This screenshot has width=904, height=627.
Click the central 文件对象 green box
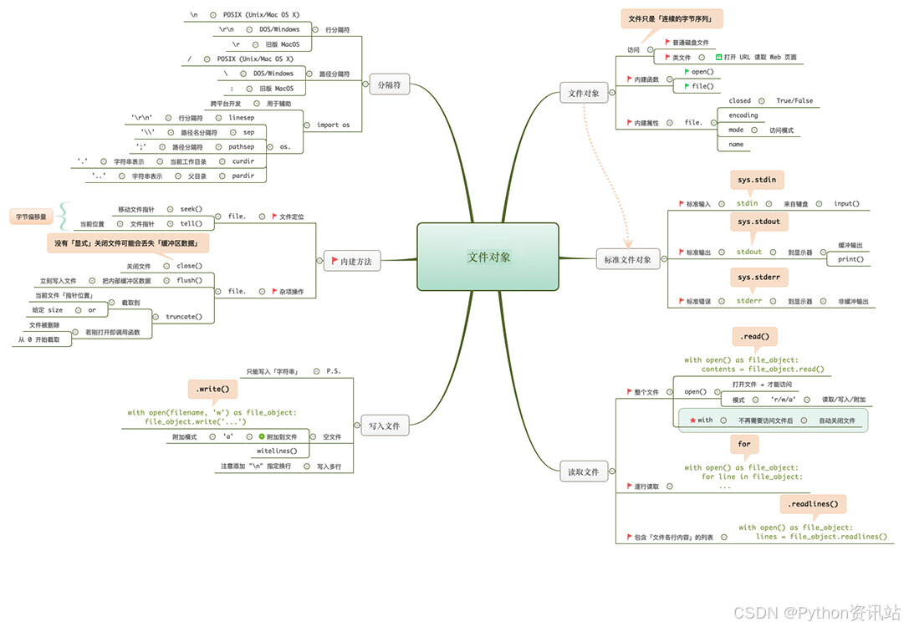click(x=488, y=257)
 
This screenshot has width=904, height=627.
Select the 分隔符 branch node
click(x=390, y=84)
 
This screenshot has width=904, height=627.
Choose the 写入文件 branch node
click(x=385, y=426)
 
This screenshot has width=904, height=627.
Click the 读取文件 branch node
click(x=584, y=472)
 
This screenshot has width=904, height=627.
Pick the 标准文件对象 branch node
click(x=627, y=259)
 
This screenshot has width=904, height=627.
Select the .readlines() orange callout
click(x=814, y=504)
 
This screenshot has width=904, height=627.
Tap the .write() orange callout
click(x=212, y=390)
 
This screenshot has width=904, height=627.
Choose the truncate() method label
click(x=184, y=317)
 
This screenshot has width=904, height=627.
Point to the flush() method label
click(x=189, y=281)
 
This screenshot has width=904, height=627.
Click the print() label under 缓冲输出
click(x=850, y=259)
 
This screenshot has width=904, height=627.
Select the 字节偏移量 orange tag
click(x=33, y=217)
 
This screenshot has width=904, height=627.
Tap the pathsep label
click(x=242, y=146)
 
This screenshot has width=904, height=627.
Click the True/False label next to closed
click(x=794, y=100)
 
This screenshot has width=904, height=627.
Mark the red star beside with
click(x=692, y=420)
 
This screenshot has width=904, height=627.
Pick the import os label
click(x=334, y=125)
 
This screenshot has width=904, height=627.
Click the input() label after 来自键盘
click(x=846, y=203)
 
